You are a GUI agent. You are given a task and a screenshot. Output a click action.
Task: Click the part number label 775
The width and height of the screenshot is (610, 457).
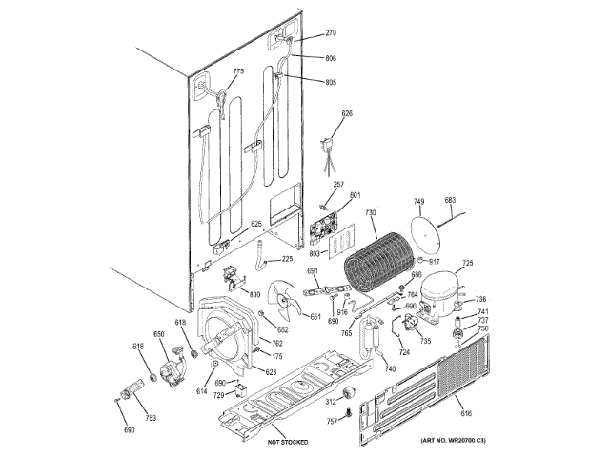[238, 71]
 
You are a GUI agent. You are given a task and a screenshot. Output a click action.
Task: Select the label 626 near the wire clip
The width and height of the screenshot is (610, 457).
[347, 114]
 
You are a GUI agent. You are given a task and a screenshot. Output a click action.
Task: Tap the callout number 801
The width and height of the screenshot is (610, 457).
[356, 196]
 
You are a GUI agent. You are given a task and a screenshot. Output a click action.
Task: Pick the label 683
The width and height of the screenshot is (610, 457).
[451, 200]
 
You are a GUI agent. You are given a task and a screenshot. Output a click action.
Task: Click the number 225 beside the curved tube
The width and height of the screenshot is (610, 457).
[287, 259]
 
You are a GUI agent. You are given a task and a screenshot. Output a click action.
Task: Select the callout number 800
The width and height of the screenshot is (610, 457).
[254, 294]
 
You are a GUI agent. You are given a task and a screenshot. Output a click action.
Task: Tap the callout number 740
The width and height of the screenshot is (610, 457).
[389, 368]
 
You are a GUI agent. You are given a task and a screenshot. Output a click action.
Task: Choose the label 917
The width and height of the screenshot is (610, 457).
[434, 261]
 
